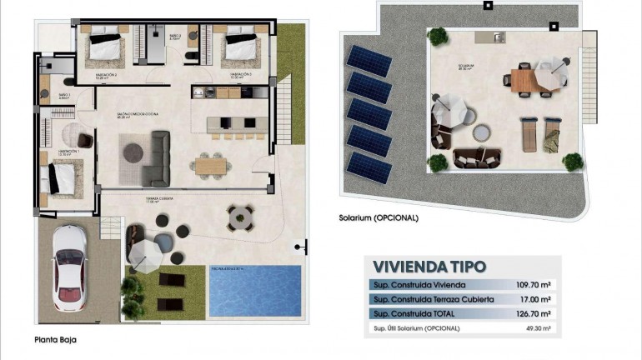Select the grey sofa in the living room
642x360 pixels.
156,158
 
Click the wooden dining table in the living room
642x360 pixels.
211,165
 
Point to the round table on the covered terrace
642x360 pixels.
241,217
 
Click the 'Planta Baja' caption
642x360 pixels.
56,340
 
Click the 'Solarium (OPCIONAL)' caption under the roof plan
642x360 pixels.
379,217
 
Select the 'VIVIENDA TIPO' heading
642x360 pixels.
429,267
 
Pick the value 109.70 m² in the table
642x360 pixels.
534,285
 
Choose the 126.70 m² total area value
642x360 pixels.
534,313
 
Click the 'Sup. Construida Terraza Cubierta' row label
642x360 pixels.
423,299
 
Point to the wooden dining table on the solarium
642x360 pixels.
521,81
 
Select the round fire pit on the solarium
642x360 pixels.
481,133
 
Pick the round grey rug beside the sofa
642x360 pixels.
133,152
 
